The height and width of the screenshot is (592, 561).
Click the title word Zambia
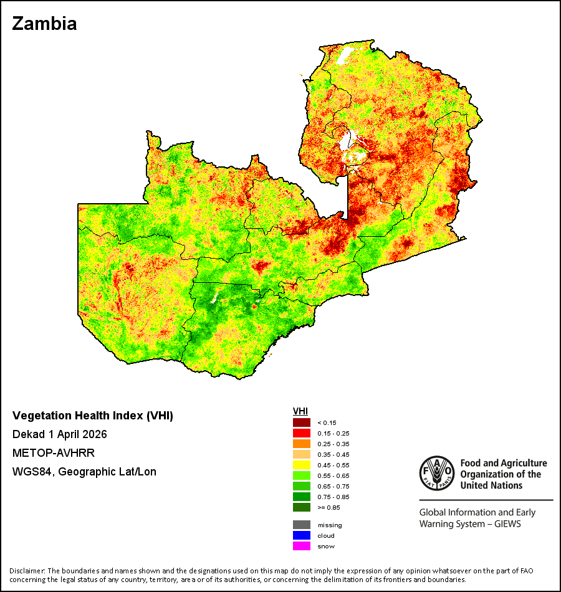[x=45, y=24]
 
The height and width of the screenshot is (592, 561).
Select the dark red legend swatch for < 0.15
[x=302, y=423]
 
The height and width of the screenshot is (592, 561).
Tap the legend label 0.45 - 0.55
[x=333, y=465]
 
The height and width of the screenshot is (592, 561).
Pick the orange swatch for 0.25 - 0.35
[x=302, y=444]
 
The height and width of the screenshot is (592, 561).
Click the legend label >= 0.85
[x=328, y=507]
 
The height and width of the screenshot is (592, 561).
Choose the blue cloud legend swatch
[x=302, y=535]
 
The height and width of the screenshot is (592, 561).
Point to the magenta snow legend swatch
[x=302, y=546]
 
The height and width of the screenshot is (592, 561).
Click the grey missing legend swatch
[x=302, y=525]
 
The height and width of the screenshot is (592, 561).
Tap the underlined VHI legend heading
[x=300, y=411]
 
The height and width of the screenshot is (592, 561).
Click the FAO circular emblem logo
[x=437, y=474]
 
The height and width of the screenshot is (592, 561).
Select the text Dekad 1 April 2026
[x=60, y=434]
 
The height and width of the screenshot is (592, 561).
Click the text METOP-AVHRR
[x=53, y=452]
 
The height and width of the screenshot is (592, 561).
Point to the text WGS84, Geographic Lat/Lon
[x=84, y=472]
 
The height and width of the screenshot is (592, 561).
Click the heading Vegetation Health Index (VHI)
[x=93, y=416]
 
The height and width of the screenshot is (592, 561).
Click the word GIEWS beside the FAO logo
[x=508, y=524]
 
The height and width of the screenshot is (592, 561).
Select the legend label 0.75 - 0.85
[x=333, y=497]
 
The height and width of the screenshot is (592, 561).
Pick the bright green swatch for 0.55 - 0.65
[x=302, y=475]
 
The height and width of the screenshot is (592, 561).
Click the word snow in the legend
[x=326, y=547]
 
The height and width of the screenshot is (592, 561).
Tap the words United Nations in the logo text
[x=491, y=485]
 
